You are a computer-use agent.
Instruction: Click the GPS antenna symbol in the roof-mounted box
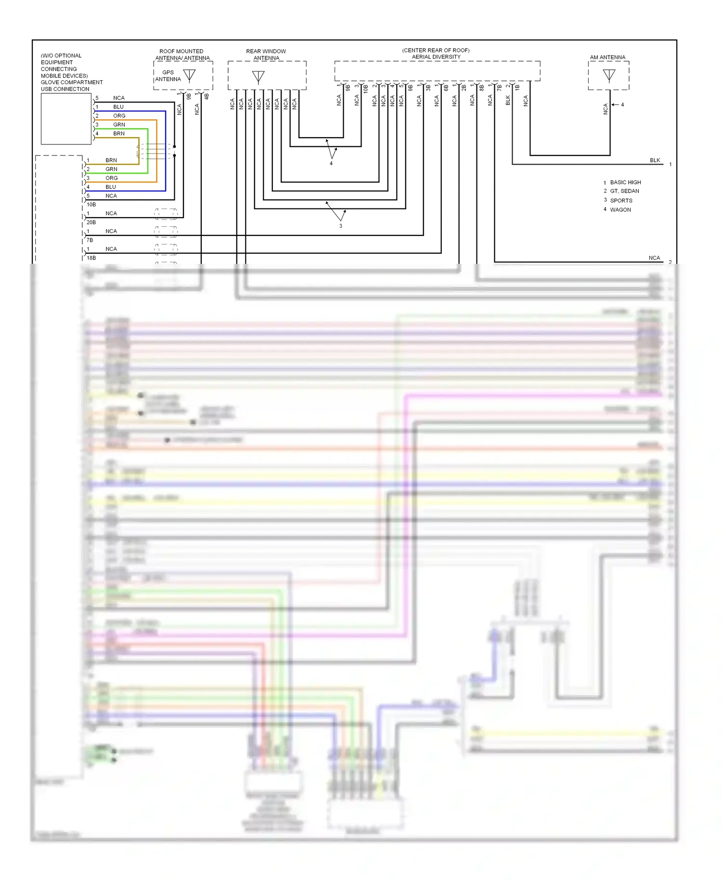(x=190, y=75)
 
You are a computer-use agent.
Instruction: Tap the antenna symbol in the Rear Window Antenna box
(x=258, y=77)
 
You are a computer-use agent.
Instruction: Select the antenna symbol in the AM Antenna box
(x=609, y=75)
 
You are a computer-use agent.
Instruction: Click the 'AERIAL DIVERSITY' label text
(x=436, y=57)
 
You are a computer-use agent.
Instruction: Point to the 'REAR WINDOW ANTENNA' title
(x=266, y=54)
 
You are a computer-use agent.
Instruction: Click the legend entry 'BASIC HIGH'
(x=625, y=182)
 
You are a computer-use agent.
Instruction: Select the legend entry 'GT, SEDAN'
(x=624, y=191)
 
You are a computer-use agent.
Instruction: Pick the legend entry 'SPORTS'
(x=621, y=201)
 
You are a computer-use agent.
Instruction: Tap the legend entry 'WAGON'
(x=620, y=210)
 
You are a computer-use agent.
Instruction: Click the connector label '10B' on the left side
(x=91, y=205)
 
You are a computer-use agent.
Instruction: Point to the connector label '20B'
(x=91, y=222)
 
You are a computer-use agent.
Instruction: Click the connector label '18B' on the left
(x=91, y=258)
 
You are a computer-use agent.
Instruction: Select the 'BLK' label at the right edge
(x=655, y=160)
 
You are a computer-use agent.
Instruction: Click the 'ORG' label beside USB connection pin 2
(x=119, y=116)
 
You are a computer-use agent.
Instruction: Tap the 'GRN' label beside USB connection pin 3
(x=119, y=125)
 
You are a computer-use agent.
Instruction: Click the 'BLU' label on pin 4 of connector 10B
(x=111, y=187)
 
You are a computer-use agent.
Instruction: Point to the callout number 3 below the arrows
(x=340, y=226)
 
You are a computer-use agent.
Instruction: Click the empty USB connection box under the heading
(x=66, y=119)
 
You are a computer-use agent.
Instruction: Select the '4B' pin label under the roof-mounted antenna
(x=206, y=96)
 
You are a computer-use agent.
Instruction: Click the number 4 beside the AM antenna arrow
(x=622, y=104)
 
